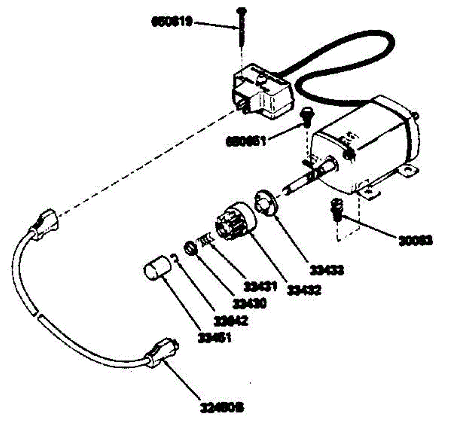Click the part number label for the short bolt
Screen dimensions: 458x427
(245, 141)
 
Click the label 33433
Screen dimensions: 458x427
(327, 270)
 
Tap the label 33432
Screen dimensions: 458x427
(304, 290)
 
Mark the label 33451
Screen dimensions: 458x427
(214, 337)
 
